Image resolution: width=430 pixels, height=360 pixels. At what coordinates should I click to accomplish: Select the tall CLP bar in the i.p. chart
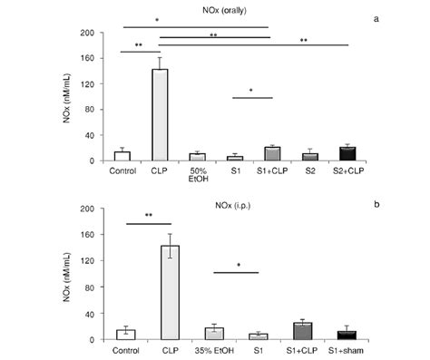(x=161, y=293)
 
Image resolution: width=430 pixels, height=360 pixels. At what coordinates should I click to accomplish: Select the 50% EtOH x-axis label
(x=198, y=174)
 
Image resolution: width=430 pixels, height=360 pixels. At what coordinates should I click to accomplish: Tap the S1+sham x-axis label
(x=350, y=348)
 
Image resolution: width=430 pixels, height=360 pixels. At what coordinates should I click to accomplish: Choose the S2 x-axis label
(x=311, y=170)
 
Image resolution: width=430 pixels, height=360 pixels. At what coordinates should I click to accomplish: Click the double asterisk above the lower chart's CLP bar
(x=141, y=215)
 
